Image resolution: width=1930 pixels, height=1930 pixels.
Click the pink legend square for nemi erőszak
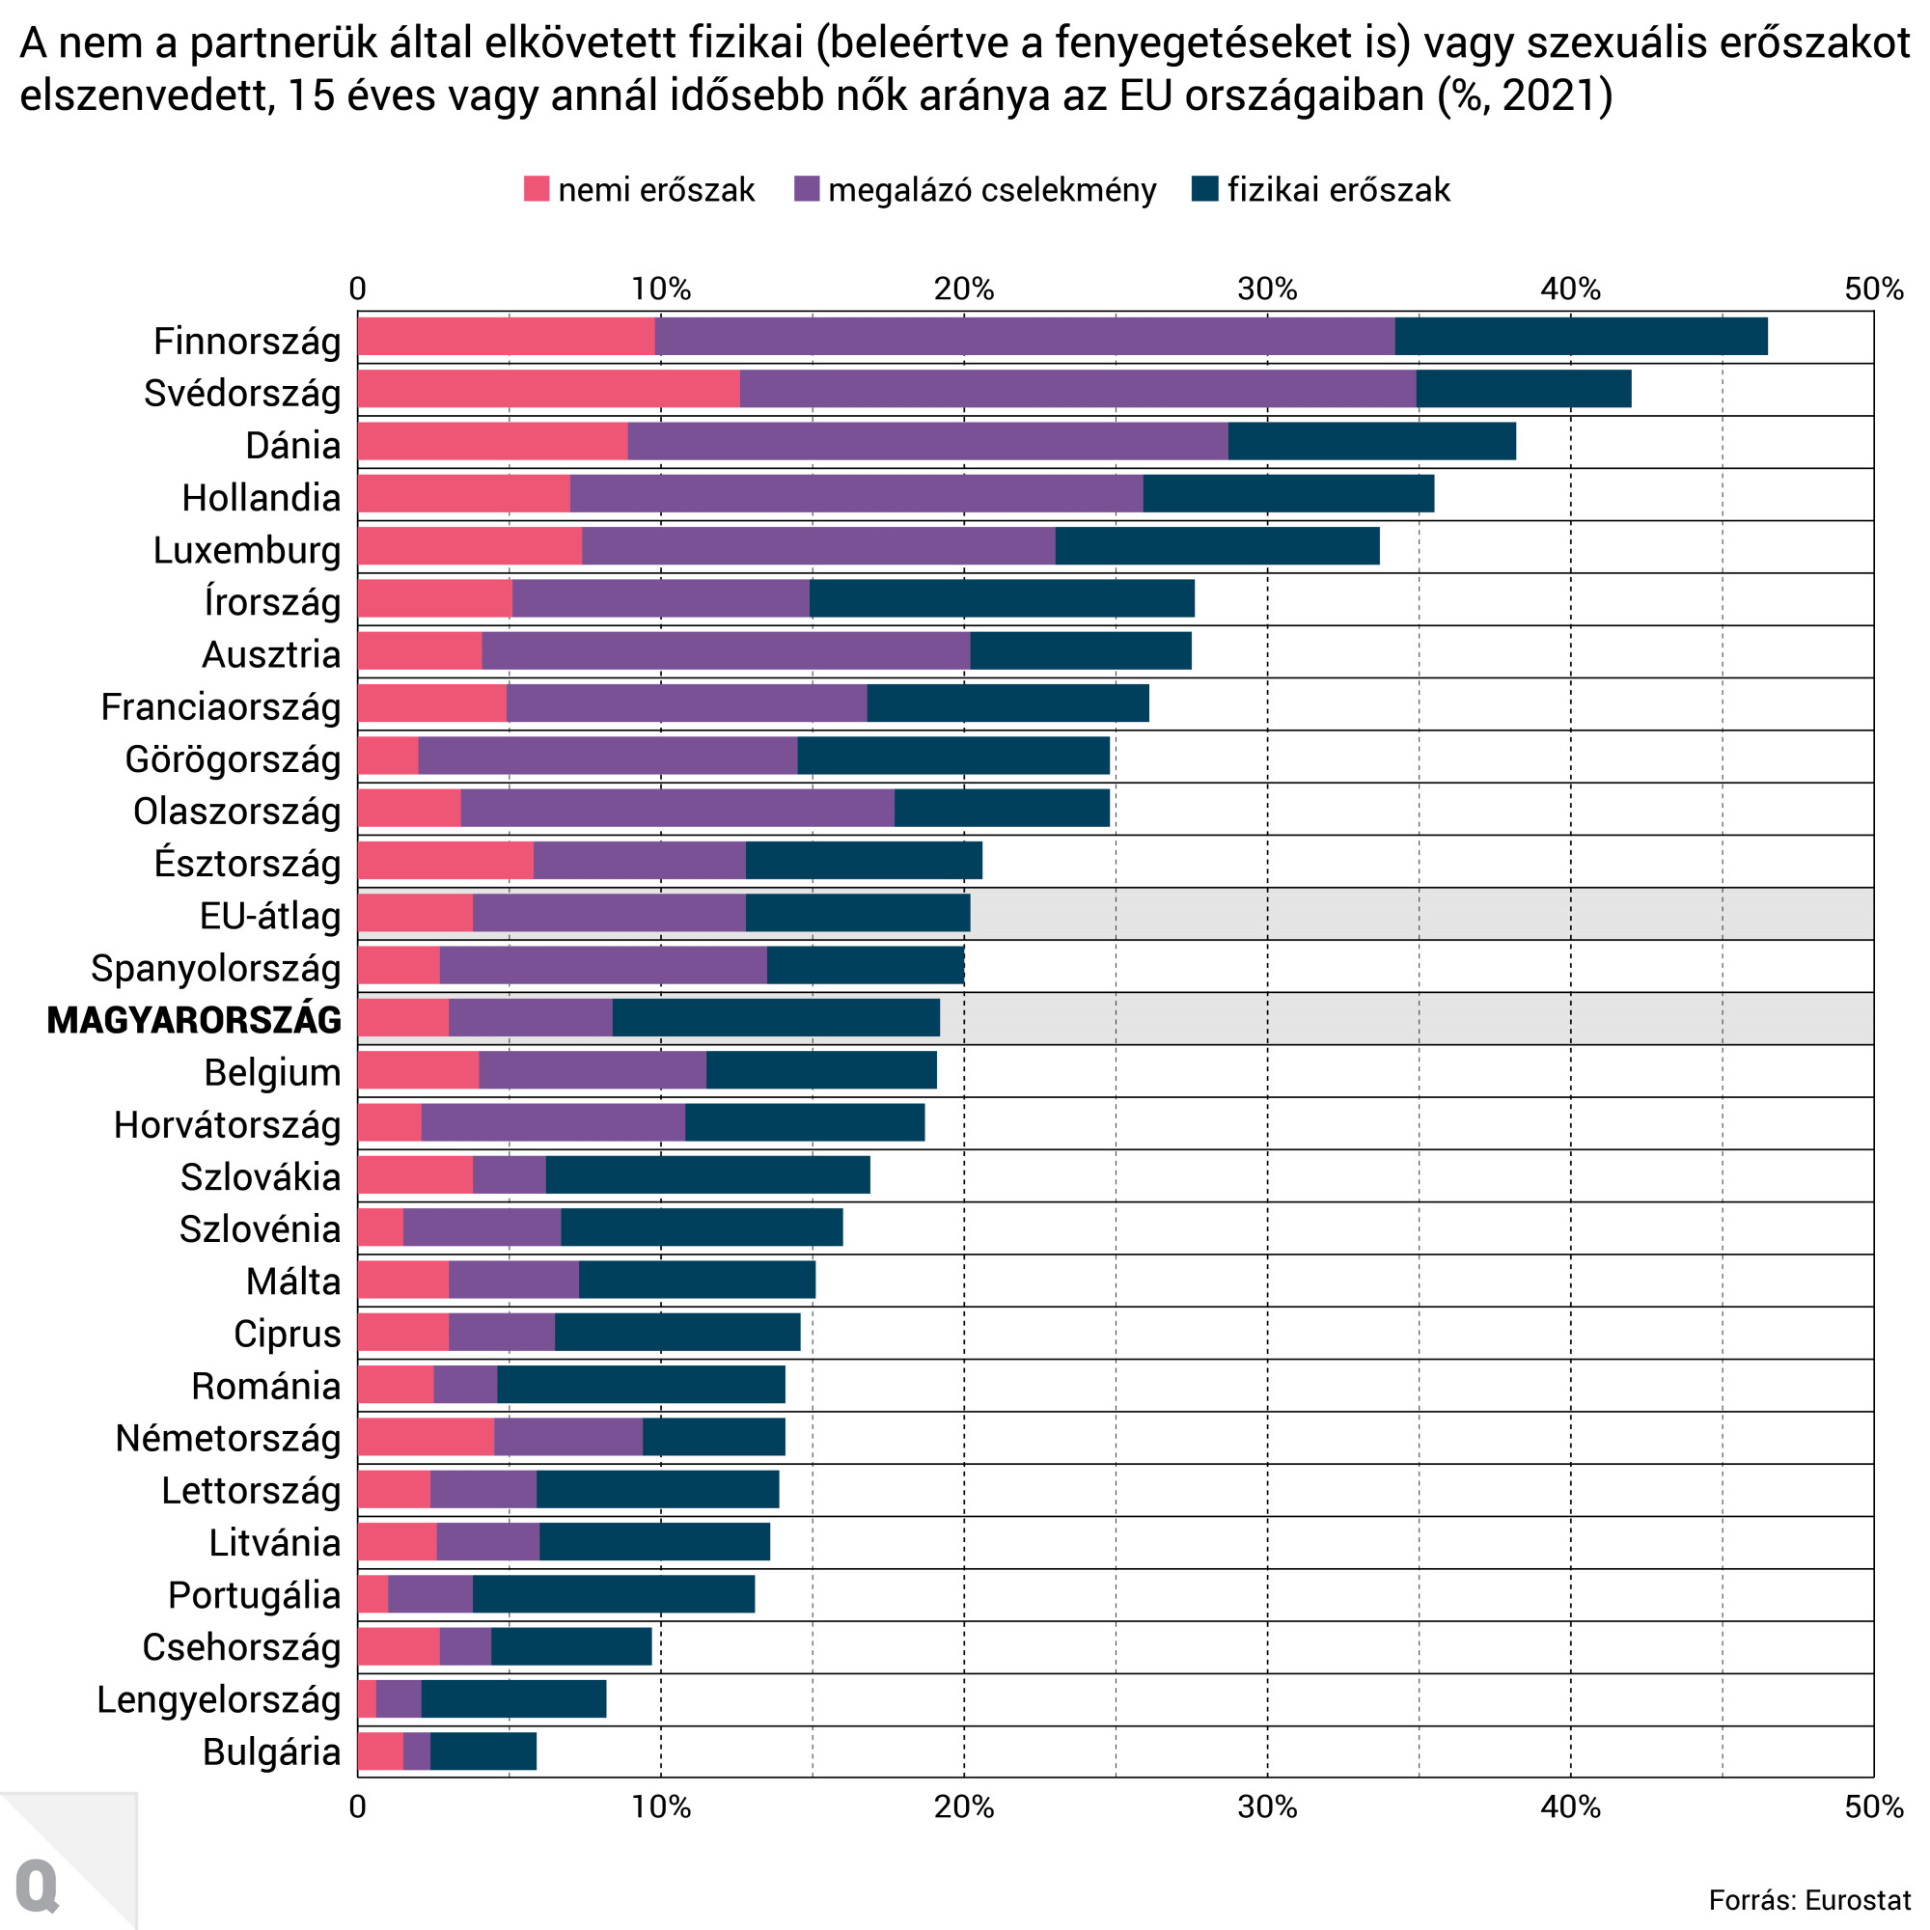tap(537, 189)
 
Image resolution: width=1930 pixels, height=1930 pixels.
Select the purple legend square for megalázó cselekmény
tap(806, 189)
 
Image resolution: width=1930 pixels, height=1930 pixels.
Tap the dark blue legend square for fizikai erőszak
tap(1204, 189)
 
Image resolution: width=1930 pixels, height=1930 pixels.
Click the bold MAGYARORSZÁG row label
tap(194, 1020)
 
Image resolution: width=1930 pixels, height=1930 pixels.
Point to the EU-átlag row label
tap(270, 915)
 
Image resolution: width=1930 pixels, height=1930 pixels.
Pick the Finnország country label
tap(247, 341)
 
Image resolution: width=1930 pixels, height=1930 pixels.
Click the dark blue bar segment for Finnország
tap(1581, 337)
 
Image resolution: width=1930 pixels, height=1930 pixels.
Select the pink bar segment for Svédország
tap(548, 389)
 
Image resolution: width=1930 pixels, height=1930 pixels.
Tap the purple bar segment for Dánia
tap(927, 442)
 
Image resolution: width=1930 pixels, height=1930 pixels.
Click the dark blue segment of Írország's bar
tap(1001, 598)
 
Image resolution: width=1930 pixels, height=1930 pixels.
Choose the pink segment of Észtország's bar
tap(446, 860)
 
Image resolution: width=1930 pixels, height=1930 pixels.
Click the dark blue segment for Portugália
tap(614, 1594)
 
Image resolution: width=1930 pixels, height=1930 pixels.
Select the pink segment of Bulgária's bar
tap(380, 1751)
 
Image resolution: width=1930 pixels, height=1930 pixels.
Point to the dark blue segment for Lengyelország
tap(513, 1699)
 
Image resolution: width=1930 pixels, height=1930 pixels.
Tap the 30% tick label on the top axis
tap(1267, 289)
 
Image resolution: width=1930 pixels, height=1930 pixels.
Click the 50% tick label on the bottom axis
tap(1873, 1807)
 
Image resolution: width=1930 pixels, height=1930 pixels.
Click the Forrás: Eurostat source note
tap(1809, 1900)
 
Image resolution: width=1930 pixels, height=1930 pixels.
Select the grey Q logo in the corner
tap(38, 1885)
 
